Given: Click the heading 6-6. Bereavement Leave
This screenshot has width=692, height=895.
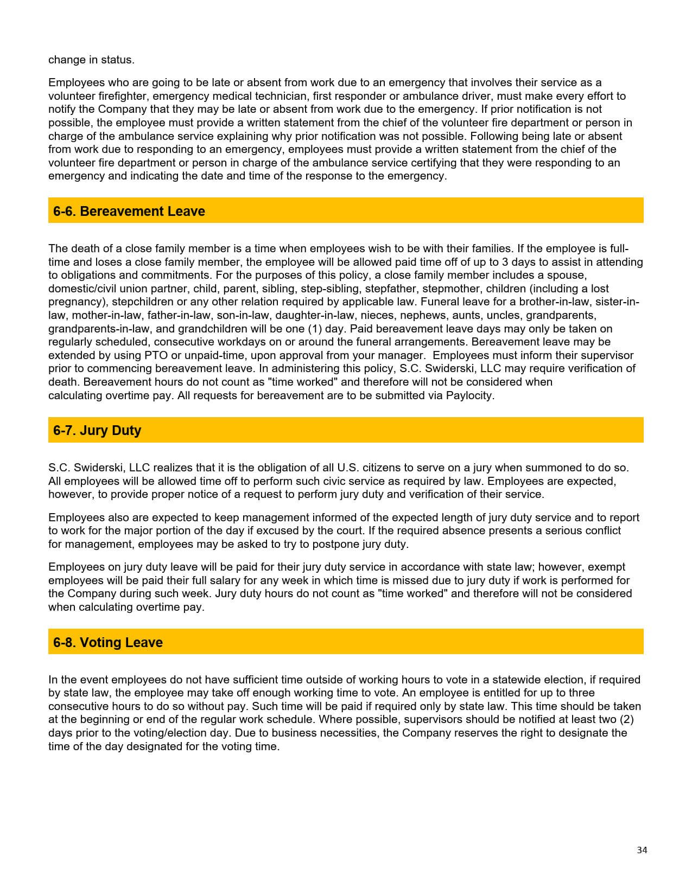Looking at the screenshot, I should click(x=129, y=211).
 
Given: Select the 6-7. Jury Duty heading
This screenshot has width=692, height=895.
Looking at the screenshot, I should click(x=97, y=430).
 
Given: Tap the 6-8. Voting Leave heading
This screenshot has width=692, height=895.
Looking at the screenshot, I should click(x=108, y=642).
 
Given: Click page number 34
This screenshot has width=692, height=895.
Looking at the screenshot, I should click(x=642, y=850).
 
